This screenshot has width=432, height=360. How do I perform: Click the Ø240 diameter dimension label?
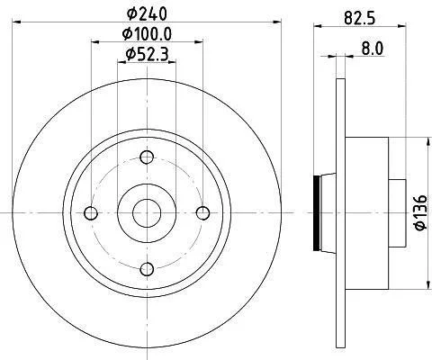tap(147, 13)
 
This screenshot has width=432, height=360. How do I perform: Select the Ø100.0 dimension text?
tap(147, 34)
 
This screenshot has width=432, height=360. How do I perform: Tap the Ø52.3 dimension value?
tap(147, 54)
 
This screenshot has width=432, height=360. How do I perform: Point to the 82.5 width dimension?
tap(360, 18)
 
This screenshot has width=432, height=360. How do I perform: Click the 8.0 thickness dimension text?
tap(373, 48)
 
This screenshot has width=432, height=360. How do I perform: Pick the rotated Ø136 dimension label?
tap(420, 212)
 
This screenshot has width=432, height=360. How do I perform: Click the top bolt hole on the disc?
tap(147, 157)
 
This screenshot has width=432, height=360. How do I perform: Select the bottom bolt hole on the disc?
tap(147, 269)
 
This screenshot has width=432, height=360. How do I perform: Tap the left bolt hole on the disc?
tap(91, 213)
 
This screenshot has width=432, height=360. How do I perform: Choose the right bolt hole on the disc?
tap(202, 213)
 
